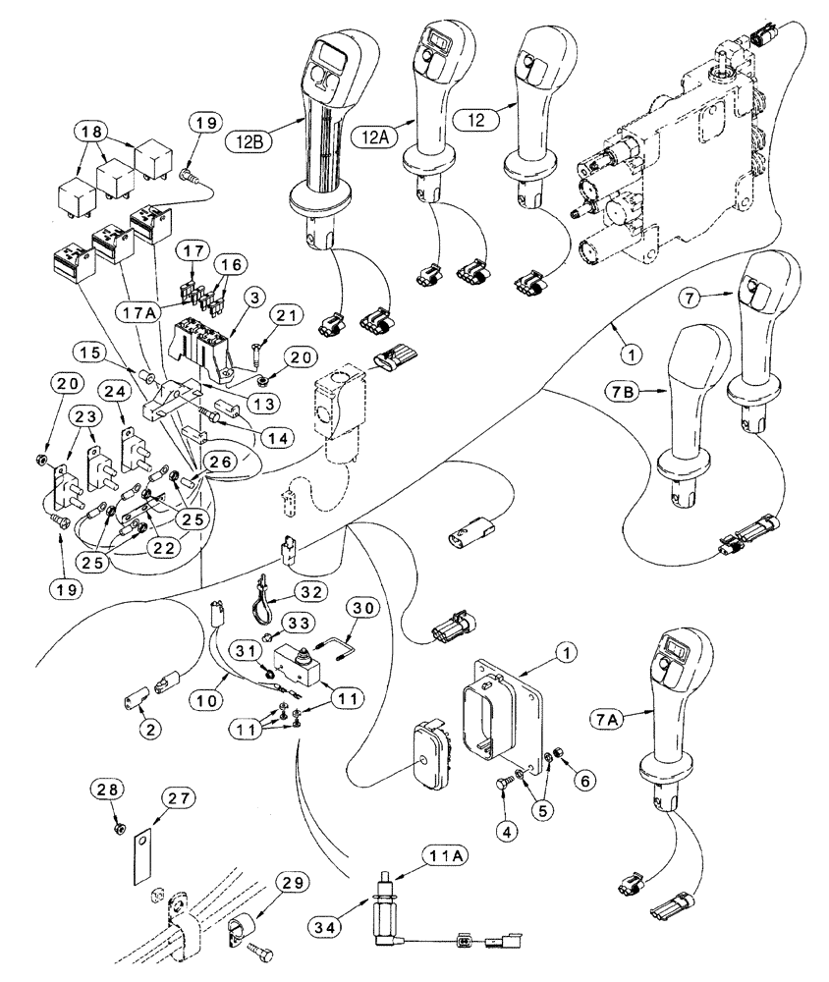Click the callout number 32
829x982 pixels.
311,592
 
